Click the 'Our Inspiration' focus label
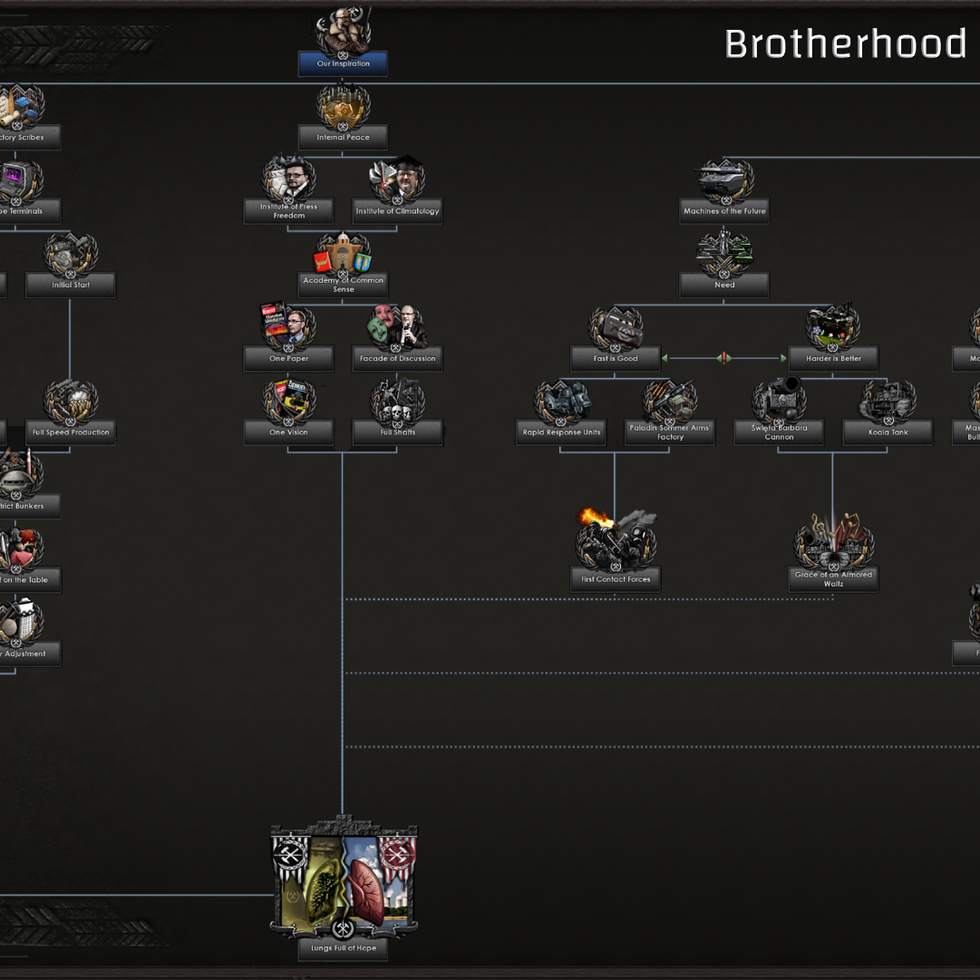pyautogui.click(x=343, y=64)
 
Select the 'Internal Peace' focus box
pyautogui.click(x=343, y=138)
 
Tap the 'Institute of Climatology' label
pyautogui.click(x=397, y=211)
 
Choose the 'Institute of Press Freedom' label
pyautogui.click(x=288, y=211)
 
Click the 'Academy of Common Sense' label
pyautogui.click(x=343, y=285)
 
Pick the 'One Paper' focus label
pyautogui.click(x=288, y=359)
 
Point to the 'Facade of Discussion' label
pyautogui.click(x=397, y=359)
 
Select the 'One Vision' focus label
pyautogui.click(x=288, y=432)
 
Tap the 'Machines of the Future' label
pyautogui.click(x=724, y=211)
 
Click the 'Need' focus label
pyautogui.click(x=724, y=285)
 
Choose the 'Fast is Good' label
pyautogui.click(x=616, y=359)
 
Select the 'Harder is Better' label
pyautogui.click(x=833, y=359)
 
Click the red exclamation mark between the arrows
pyautogui.click(x=723, y=359)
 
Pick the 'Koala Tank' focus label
pyautogui.click(x=888, y=432)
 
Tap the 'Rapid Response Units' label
pyautogui.click(x=561, y=432)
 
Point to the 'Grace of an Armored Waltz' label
pyautogui.click(x=833, y=579)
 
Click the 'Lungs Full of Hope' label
pyautogui.click(x=343, y=948)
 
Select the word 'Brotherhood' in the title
pyautogui.click(x=845, y=44)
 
